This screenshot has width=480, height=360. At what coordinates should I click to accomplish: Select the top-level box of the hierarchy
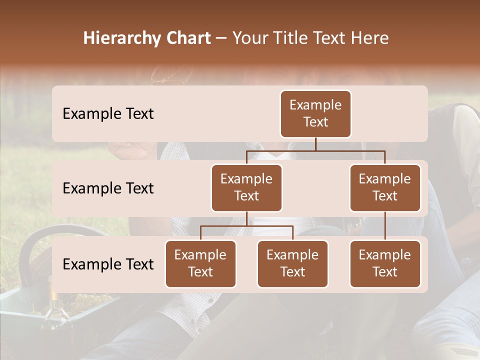pos(315,113)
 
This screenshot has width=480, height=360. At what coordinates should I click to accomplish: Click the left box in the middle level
pos(246,187)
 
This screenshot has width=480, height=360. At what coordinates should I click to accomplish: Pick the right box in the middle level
pos(385,187)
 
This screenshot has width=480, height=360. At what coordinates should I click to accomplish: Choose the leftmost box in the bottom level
pos(200,263)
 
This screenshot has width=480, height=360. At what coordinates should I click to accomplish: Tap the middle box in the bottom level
pos(292,263)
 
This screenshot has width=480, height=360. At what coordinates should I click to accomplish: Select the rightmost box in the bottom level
pos(385,263)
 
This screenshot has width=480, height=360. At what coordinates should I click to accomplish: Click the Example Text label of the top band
pos(108,114)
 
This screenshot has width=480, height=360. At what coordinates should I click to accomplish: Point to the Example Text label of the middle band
pos(108,188)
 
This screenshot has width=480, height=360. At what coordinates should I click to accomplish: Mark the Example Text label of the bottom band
pos(108,264)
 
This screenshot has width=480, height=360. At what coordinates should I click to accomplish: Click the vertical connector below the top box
pos(315,144)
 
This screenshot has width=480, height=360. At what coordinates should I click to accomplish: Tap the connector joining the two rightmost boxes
pos(385,226)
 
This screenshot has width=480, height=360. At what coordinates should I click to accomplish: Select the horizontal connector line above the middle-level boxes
pos(315,150)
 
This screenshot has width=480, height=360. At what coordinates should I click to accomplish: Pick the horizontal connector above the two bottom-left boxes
pos(246,226)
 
